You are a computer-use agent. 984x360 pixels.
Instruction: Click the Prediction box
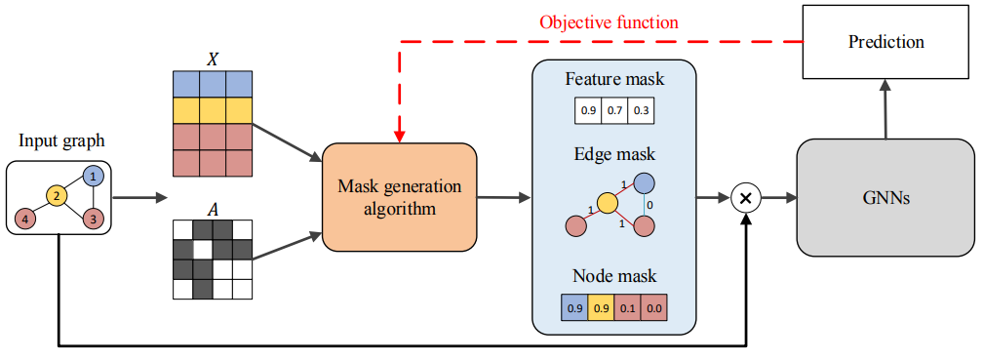886,42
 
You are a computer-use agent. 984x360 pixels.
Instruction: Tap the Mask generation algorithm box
400,197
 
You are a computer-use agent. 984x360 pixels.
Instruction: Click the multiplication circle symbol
745,198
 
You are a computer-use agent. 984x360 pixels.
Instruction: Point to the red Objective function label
610,23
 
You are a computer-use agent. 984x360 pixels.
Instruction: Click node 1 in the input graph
93,178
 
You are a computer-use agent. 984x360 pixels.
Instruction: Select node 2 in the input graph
56,197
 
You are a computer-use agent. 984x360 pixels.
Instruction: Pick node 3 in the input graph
93,220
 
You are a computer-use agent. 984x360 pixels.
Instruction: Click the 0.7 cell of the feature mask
614,111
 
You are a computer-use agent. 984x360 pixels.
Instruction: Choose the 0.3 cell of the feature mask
641,111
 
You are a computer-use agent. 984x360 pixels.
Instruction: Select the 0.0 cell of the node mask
654,308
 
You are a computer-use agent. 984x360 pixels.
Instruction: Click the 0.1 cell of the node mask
627,308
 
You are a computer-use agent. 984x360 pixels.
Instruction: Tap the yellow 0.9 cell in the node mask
601,308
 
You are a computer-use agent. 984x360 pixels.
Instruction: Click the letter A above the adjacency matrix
213,209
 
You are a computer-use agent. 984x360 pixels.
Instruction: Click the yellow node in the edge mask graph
607,203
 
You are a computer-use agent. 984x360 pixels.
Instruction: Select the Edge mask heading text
613,154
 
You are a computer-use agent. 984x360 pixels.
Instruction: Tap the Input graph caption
60,140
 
